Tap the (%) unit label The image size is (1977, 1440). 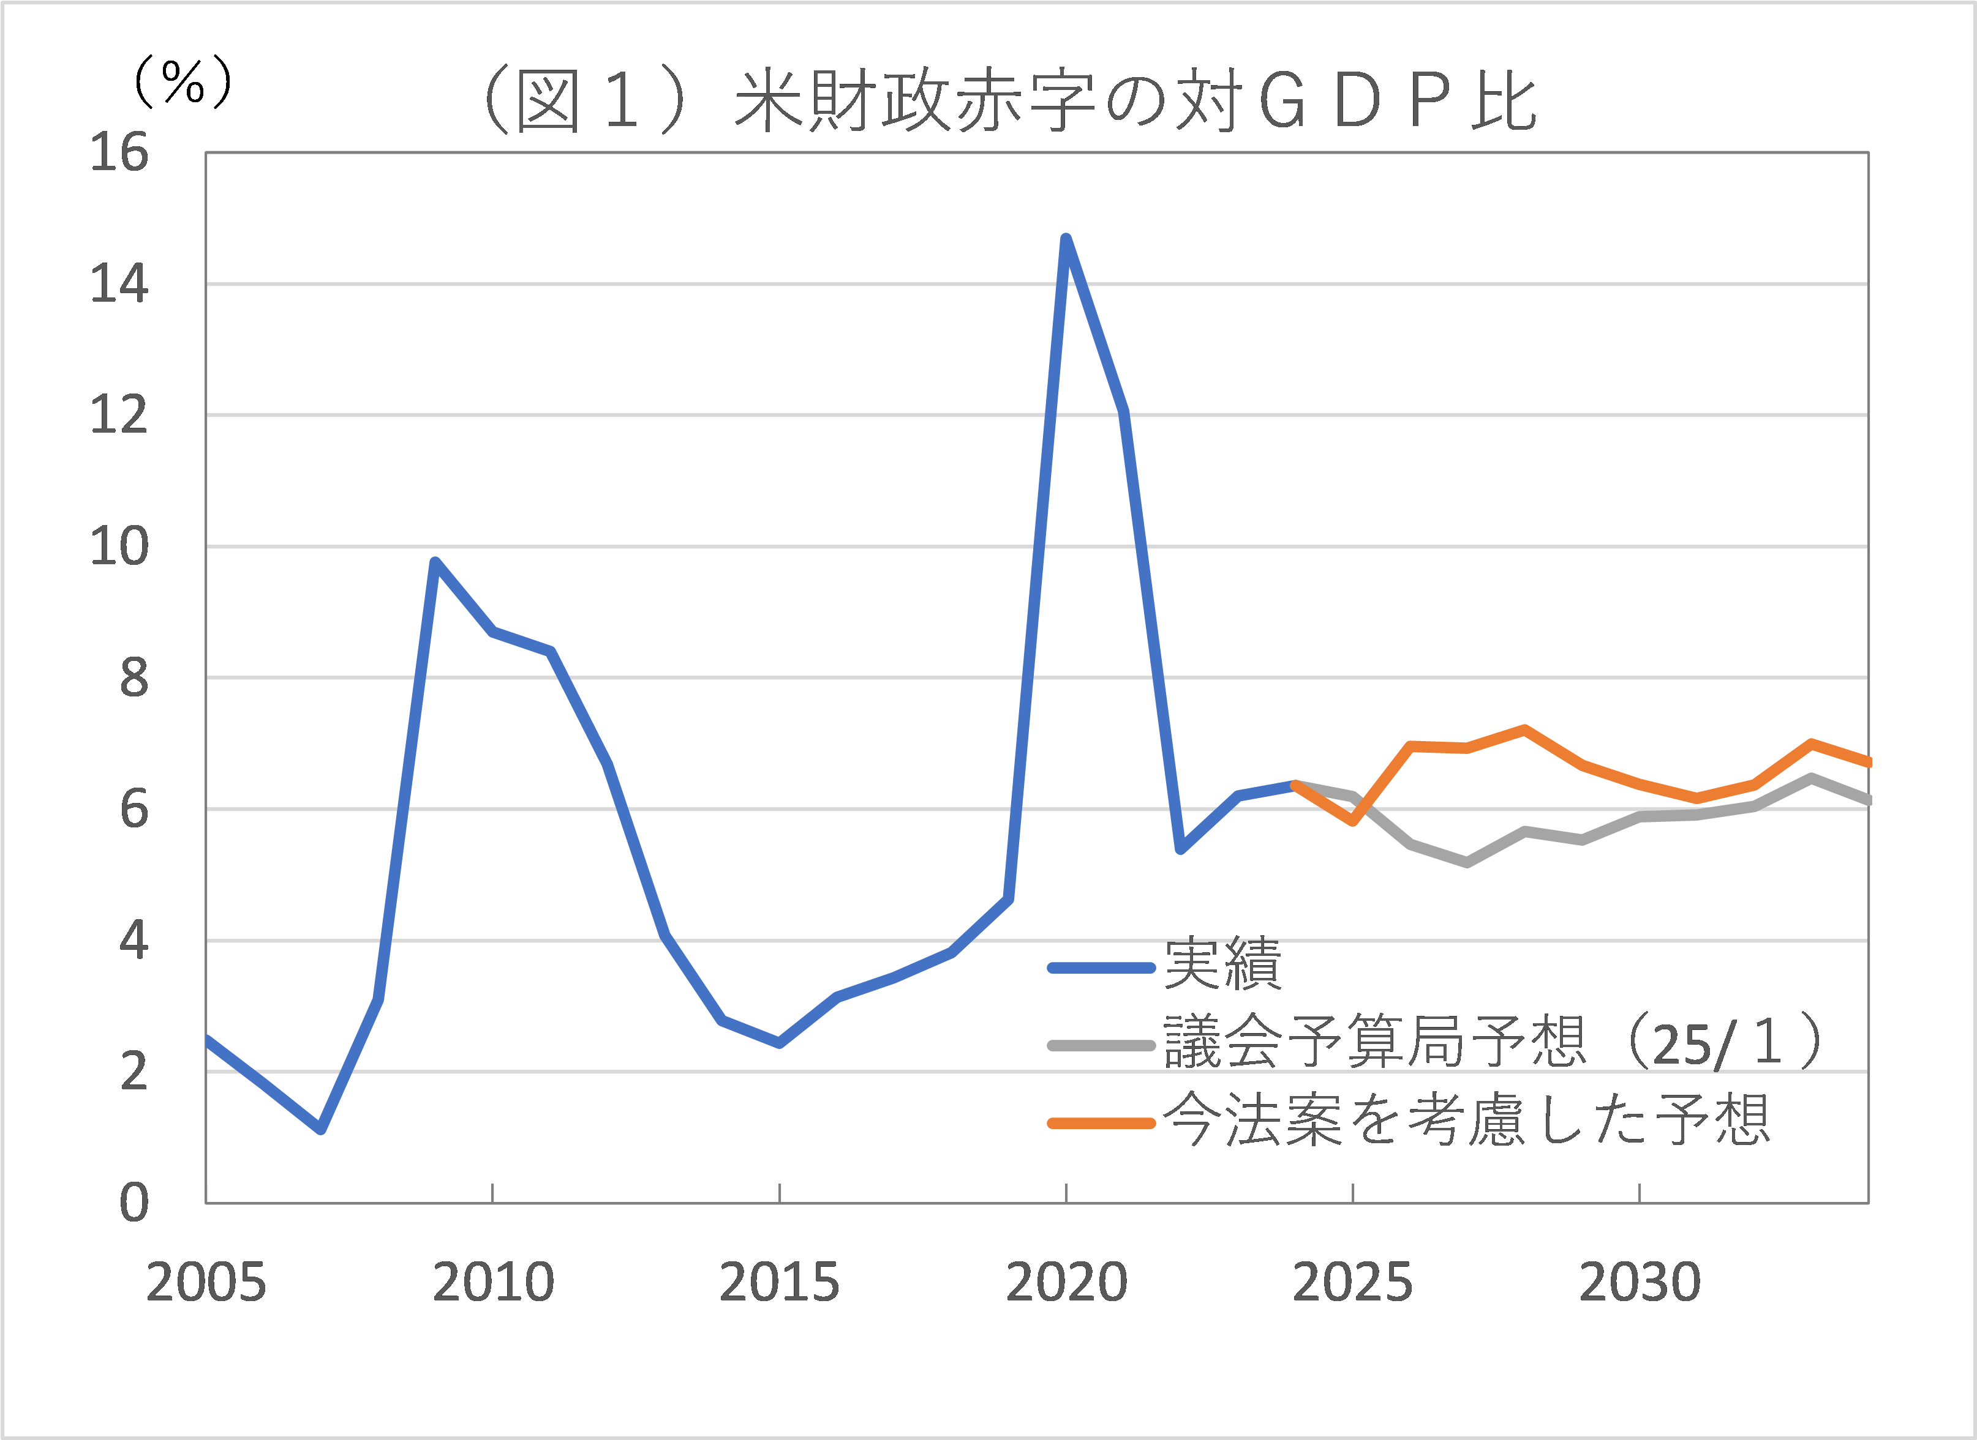(183, 83)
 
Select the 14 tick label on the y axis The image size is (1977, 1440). (119, 284)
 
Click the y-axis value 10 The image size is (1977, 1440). (119, 547)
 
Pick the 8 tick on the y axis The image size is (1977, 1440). (134, 679)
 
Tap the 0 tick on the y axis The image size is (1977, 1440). (134, 1204)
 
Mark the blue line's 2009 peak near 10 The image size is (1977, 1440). (435, 562)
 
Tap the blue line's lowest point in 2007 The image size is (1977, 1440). (321, 1130)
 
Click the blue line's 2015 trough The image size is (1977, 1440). (780, 1043)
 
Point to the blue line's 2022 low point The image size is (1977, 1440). (1181, 849)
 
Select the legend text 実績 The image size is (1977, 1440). (1222, 964)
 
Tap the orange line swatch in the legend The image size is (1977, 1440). (1101, 1124)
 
